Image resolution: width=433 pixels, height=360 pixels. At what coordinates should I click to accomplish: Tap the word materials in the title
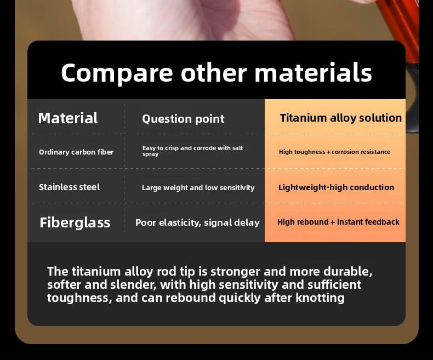313,72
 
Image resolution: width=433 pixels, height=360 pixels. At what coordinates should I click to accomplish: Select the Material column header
68,118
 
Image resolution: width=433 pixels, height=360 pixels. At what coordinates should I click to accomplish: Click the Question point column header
183,119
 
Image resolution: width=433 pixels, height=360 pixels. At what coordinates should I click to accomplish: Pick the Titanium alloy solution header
341,118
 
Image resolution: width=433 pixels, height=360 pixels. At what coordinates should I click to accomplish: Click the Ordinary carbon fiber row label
76,152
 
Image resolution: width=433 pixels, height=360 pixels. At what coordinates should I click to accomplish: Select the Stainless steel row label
69,187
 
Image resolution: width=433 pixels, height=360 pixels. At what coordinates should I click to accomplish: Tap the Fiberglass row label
75,222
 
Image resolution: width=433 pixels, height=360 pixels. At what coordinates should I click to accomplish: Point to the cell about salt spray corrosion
192,151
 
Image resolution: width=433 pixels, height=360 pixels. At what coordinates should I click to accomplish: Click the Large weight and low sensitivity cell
198,188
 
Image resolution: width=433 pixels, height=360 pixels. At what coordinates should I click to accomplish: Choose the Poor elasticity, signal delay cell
197,223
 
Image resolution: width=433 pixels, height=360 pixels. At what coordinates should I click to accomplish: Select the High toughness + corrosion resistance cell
334,152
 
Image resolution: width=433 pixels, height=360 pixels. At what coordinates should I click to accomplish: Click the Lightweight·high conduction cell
336,187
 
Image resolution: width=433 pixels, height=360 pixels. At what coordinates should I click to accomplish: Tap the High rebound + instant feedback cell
338,222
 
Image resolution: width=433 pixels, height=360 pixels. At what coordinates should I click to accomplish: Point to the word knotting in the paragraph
320,298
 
